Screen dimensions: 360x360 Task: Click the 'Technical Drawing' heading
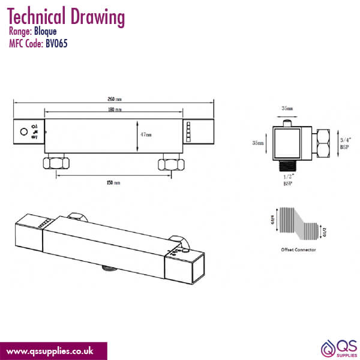(x=67, y=17)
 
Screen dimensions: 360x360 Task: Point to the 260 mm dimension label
(x=114, y=100)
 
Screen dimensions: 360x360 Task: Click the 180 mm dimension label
(x=115, y=110)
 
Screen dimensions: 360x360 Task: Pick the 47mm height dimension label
(x=146, y=135)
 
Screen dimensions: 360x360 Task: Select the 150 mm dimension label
(x=113, y=182)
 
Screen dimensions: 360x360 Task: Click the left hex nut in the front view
(x=56, y=163)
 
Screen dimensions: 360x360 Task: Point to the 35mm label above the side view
(x=287, y=109)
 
